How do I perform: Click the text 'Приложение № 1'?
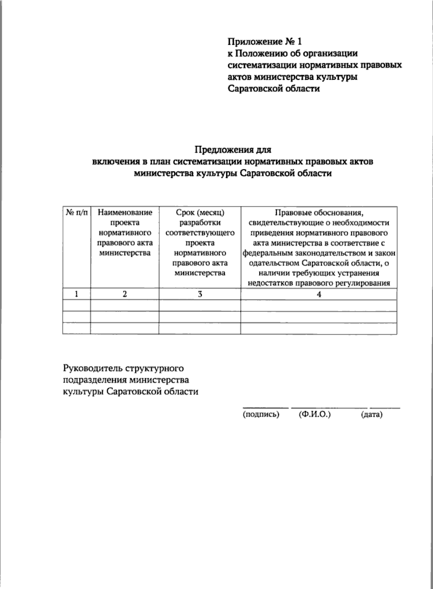264,42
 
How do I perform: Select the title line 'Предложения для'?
233,149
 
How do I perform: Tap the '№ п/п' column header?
76,213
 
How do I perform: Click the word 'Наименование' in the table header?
125,213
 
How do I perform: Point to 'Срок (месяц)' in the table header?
200,213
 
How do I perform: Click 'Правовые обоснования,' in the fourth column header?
319,213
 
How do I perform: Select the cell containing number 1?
76,294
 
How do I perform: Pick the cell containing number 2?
124,294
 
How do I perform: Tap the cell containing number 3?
200,294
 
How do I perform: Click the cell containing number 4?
319,294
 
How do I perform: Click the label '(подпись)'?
261,415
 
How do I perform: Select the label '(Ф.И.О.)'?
315,415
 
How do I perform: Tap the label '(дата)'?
371,415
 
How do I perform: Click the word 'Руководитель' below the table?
93,368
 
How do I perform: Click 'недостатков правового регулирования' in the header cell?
319,283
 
